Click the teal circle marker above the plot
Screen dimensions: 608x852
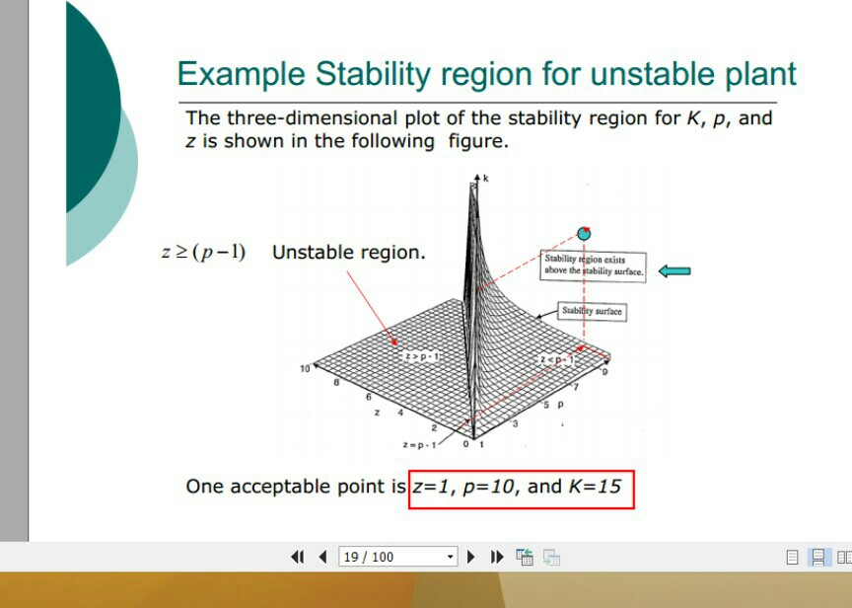click(584, 234)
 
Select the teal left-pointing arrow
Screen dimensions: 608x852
click(674, 270)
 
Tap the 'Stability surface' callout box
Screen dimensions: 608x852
click(592, 311)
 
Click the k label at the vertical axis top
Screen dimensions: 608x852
click(485, 179)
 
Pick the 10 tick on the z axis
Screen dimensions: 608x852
click(305, 368)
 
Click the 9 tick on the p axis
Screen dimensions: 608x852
click(604, 372)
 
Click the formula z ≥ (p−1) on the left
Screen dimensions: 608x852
click(203, 253)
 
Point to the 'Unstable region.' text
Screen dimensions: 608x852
click(349, 253)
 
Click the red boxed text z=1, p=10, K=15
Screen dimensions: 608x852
click(521, 488)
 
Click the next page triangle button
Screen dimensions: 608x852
click(471, 557)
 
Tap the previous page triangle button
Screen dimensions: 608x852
click(322, 557)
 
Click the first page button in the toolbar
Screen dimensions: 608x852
click(298, 557)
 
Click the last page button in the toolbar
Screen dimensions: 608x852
click(497, 557)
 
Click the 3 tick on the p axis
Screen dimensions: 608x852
click(515, 423)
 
